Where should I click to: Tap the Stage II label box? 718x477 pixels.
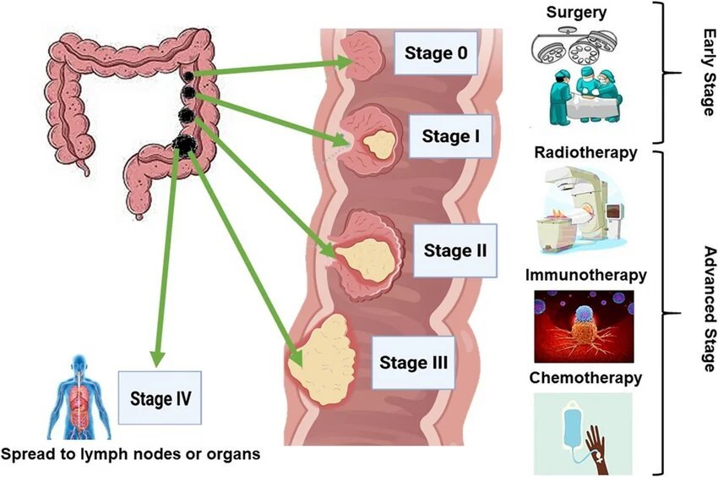click(x=454, y=250)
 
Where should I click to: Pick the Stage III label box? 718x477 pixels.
click(x=412, y=364)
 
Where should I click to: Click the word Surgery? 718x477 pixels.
click(x=577, y=12)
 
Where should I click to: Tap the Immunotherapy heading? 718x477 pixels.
click(x=585, y=275)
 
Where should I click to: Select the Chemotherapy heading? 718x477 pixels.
click(x=585, y=377)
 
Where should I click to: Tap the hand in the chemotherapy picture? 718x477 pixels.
click(x=612, y=436)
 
